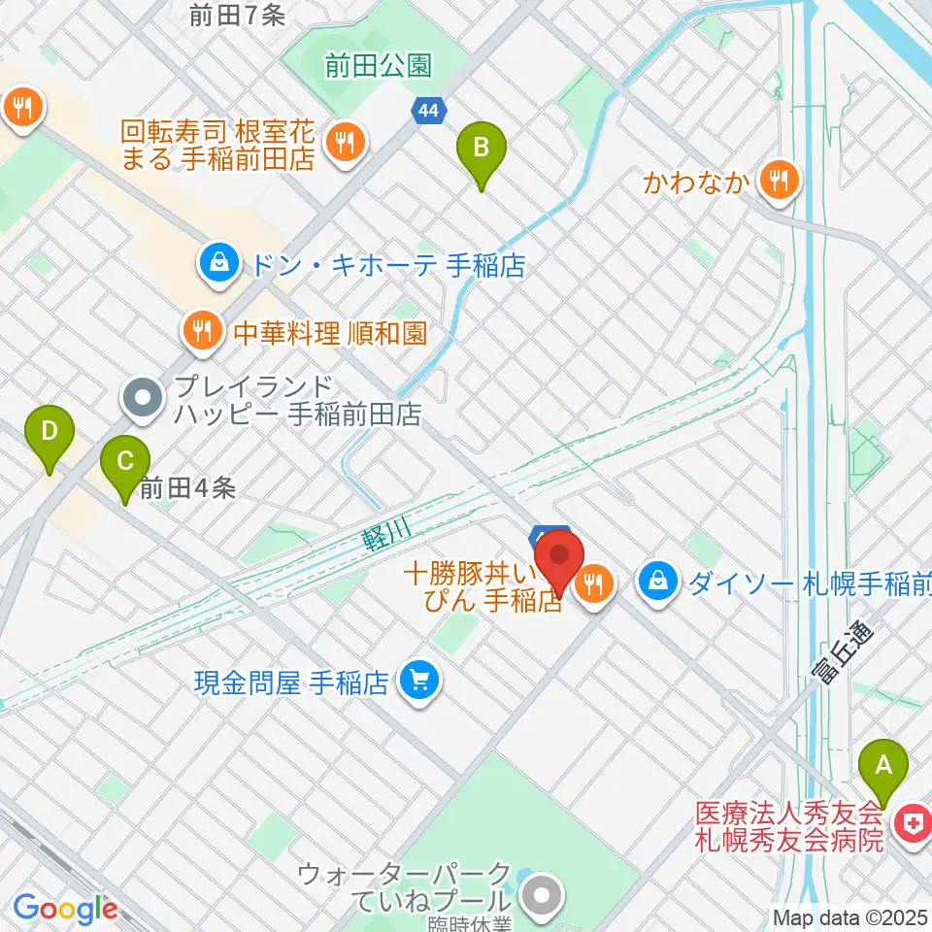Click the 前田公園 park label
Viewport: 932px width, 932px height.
[x=378, y=66]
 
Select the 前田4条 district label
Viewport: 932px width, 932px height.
[x=187, y=488]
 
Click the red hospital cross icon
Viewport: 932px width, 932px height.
[x=913, y=825]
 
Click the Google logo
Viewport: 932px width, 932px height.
[x=65, y=909]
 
